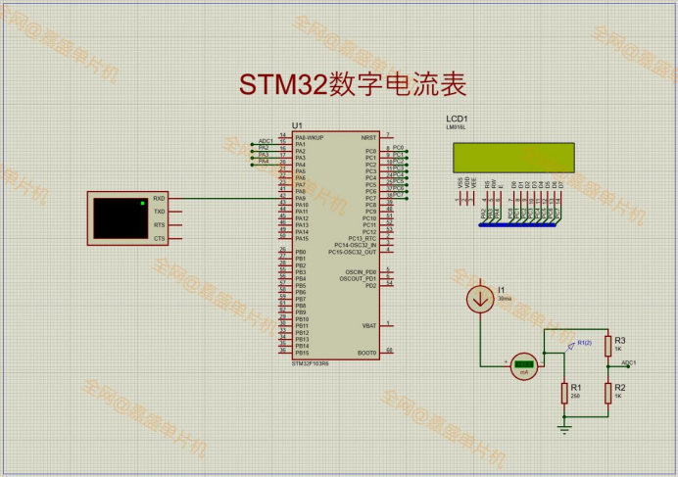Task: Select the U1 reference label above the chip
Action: pyautogui.click(x=297, y=126)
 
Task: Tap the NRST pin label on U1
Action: pyautogui.click(x=368, y=137)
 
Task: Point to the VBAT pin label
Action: pyautogui.click(x=368, y=326)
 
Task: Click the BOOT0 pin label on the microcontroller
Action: pyautogui.click(x=366, y=353)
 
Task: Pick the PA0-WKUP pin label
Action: pyautogui.click(x=309, y=137)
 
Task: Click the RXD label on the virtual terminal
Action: pyautogui.click(x=159, y=199)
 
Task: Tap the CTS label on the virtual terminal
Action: pyautogui.click(x=159, y=238)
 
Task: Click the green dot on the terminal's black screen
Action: pyautogui.click(x=143, y=203)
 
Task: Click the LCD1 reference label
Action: pyautogui.click(x=457, y=118)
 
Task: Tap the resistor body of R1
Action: pyautogui.click(x=563, y=393)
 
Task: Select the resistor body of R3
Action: pyautogui.click(x=607, y=346)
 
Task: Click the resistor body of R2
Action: pyautogui.click(x=607, y=392)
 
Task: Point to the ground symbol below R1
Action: pyautogui.click(x=563, y=426)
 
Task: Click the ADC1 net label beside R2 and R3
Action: pyautogui.click(x=628, y=362)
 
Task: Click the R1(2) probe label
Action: pyautogui.click(x=584, y=342)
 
